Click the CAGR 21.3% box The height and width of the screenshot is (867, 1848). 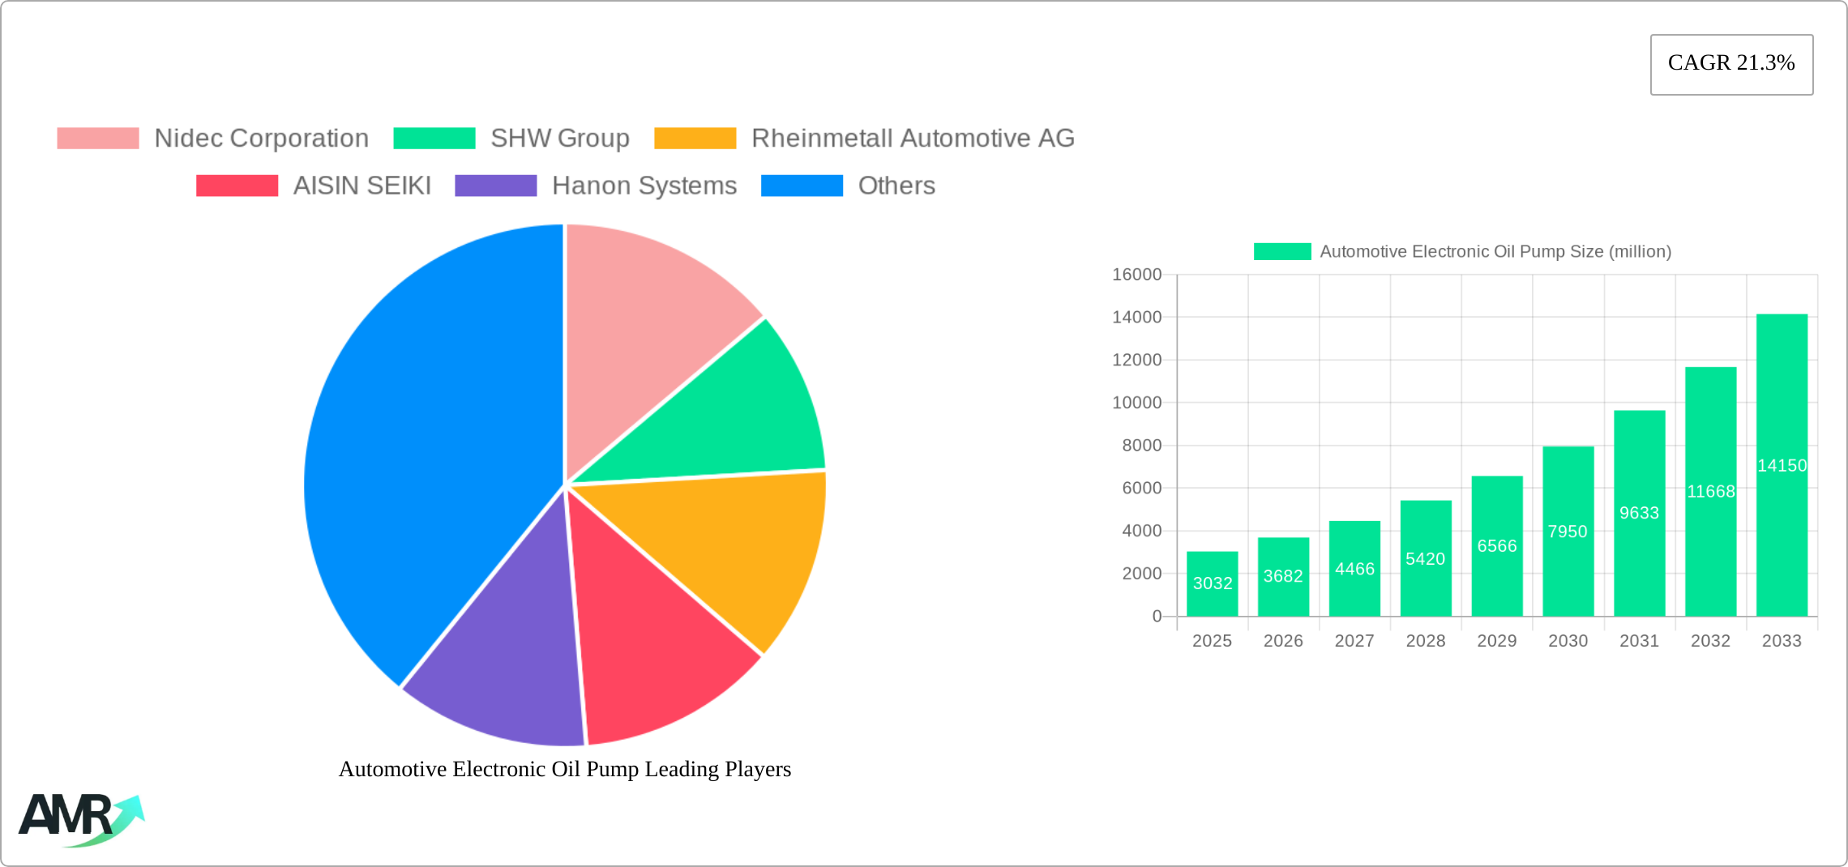point(1731,64)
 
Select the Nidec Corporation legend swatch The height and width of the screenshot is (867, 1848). point(98,139)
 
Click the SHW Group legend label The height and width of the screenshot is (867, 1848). point(559,139)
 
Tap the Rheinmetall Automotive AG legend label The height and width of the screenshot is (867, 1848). point(913,139)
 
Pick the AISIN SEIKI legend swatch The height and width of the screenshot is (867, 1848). point(237,186)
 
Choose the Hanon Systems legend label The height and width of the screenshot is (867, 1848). point(644,186)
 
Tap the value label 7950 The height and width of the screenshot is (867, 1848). point(1568,532)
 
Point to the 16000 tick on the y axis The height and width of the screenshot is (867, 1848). point(1136,275)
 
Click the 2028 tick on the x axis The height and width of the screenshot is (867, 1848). point(1425,641)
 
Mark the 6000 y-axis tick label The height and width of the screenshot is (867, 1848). point(1141,488)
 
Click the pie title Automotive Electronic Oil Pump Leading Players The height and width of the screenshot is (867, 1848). point(565,769)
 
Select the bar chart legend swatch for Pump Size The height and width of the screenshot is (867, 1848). point(1282,252)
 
